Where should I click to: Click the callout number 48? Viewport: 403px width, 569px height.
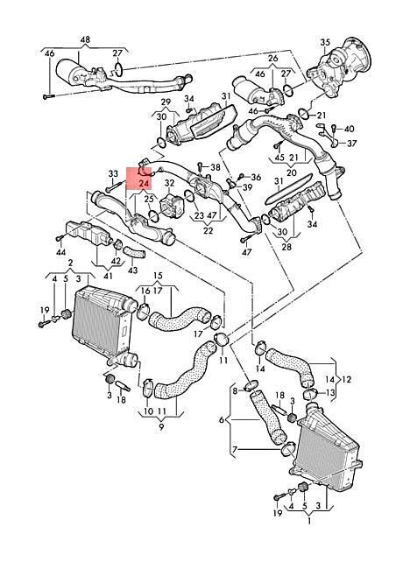[85, 39]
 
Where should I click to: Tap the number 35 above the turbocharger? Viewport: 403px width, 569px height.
[325, 42]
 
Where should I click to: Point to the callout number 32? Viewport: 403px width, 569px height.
[170, 183]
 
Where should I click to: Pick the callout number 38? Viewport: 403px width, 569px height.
[216, 167]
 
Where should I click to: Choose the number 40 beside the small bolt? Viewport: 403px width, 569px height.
[350, 129]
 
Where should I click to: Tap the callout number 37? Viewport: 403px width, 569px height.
[352, 144]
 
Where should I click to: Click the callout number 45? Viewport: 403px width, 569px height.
[279, 158]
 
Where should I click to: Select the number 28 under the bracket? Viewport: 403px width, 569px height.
[286, 248]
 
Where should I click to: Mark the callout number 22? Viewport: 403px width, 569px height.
[208, 230]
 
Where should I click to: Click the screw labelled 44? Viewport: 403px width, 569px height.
[60, 238]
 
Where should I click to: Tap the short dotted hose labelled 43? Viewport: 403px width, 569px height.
[134, 252]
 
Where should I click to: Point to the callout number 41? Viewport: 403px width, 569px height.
[108, 276]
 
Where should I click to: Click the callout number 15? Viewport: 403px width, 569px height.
[158, 276]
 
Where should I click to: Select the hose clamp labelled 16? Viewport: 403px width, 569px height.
[145, 313]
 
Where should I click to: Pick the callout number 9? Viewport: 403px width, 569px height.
[161, 427]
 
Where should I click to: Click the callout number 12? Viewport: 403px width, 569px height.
[347, 380]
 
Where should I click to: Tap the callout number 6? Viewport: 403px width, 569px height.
[222, 420]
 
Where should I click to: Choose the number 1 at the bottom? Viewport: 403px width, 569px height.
[309, 522]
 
